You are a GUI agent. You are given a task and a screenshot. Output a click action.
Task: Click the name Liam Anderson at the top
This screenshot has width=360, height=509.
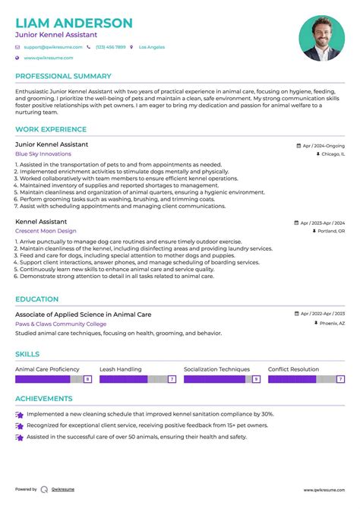[74, 23]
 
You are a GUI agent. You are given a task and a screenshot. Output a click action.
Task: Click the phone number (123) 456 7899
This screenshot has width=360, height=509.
[110, 47]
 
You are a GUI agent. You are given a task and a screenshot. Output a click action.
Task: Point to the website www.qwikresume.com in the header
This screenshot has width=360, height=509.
[48, 58]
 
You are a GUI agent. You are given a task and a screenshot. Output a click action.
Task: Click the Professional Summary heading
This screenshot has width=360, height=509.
[63, 76]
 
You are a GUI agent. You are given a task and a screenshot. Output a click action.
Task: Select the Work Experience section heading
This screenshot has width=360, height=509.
[51, 129]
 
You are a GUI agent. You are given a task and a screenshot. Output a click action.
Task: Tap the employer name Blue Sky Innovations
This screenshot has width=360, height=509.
[43, 153]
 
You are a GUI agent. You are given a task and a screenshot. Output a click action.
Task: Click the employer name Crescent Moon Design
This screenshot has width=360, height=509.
[46, 230]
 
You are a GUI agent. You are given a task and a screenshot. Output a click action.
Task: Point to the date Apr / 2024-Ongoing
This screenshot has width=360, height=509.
[323, 144]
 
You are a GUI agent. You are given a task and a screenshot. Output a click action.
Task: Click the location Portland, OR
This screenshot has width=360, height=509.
[330, 230]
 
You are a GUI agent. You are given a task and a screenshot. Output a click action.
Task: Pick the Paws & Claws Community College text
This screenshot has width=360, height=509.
[61, 323]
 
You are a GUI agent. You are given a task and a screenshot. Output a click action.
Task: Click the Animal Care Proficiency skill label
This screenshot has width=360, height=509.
[47, 369]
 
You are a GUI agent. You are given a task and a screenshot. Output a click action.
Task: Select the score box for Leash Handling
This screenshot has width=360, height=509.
[172, 378]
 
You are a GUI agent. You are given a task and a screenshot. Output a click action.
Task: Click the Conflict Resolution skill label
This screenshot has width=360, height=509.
[293, 369]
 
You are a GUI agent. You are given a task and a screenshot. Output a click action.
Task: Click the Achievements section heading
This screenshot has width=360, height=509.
[44, 398]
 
